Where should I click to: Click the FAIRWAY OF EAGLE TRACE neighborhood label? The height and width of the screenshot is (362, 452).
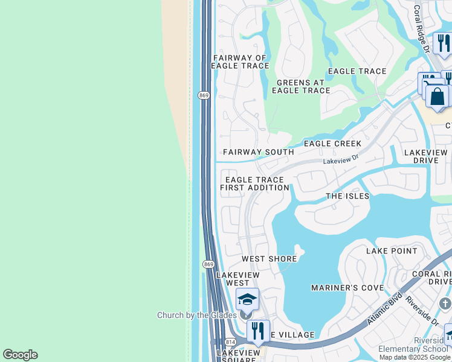coord(241,62)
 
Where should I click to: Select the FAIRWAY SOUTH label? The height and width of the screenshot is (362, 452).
coord(258,152)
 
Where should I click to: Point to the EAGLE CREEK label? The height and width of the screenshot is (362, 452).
coord(332,144)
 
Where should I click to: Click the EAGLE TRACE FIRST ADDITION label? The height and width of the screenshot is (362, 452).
coord(254,183)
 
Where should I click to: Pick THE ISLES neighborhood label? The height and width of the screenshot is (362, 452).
coord(347,196)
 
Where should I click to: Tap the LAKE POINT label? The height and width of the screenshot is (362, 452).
coord(392,250)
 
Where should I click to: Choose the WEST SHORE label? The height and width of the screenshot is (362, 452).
coord(270,259)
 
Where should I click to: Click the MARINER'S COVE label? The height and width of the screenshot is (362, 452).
coord(347,288)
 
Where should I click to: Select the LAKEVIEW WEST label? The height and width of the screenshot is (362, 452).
coord(237,279)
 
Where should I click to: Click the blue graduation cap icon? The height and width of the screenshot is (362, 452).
coord(247,299)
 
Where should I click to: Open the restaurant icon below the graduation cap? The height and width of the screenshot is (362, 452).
coord(258,330)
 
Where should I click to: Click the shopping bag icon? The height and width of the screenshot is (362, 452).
coord(437,97)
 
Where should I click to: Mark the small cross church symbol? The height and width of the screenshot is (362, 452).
coord(445,303)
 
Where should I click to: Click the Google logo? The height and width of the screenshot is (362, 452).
coord(20,355)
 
